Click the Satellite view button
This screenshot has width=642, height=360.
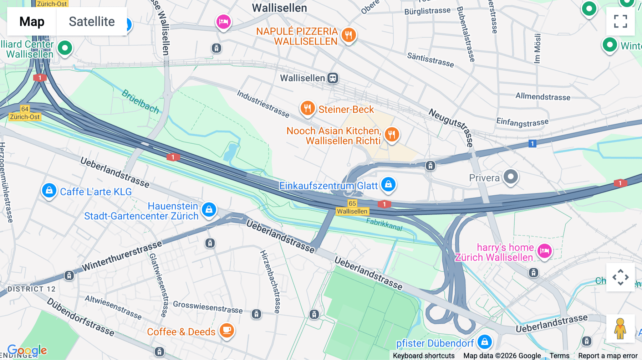tap(92, 21)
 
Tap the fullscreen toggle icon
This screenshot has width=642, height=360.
tap(620, 21)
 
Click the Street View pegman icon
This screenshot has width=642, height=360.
tap(620, 328)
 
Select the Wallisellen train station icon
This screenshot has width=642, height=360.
tap(333, 78)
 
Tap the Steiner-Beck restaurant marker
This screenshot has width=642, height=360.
tap(307, 108)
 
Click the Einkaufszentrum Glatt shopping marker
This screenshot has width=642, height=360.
tap(388, 184)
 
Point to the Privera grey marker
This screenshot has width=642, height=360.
tap(511, 176)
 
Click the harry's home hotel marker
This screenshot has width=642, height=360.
tap(544, 251)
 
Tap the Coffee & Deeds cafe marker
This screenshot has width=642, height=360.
tap(227, 330)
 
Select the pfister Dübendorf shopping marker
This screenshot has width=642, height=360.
tap(484, 342)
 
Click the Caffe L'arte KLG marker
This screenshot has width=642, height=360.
tap(49, 190)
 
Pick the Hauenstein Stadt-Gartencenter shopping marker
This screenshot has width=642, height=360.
tap(209, 210)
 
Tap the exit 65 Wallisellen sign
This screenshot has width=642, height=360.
tap(352, 207)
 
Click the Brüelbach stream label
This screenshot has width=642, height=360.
tap(140, 102)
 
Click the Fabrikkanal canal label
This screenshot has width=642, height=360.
tap(384, 225)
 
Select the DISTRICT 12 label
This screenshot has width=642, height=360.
tap(32, 289)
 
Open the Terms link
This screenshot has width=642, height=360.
tap(559, 355)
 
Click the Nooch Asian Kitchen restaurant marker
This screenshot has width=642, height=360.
tap(392, 135)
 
